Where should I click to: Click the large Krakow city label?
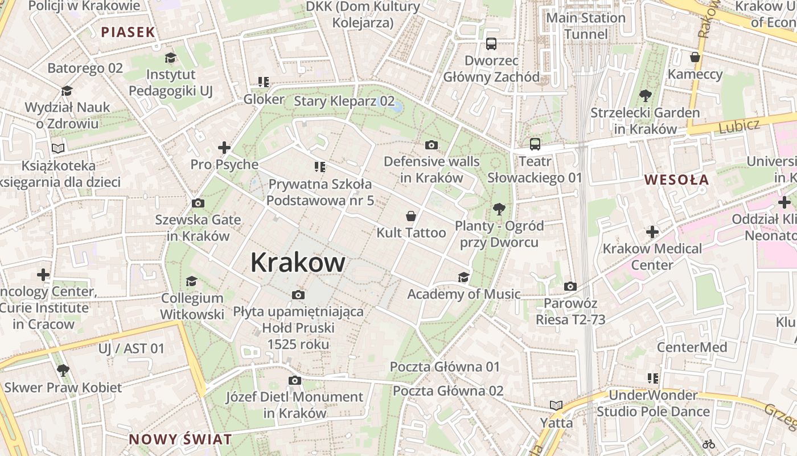point(298,263)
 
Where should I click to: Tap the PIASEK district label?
point(128,32)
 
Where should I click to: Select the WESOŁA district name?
point(676,180)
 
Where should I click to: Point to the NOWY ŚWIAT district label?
point(180,439)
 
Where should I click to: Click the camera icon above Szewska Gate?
point(198,203)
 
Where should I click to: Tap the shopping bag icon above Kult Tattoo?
point(410,216)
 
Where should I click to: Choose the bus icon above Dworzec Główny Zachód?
point(491,44)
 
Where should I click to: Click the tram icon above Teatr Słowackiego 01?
point(535,144)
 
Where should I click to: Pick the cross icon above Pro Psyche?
point(224,148)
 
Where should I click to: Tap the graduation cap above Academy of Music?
point(463,278)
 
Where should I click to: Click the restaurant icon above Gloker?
point(263,83)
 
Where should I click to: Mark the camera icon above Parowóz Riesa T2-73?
point(570,286)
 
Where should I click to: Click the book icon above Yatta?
point(556,406)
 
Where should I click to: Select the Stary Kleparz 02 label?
point(344,101)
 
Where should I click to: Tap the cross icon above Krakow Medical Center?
point(652,232)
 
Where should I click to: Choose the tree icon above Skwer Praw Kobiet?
point(63,370)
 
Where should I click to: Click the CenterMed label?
point(692,347)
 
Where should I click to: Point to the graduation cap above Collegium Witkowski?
point(192,282)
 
